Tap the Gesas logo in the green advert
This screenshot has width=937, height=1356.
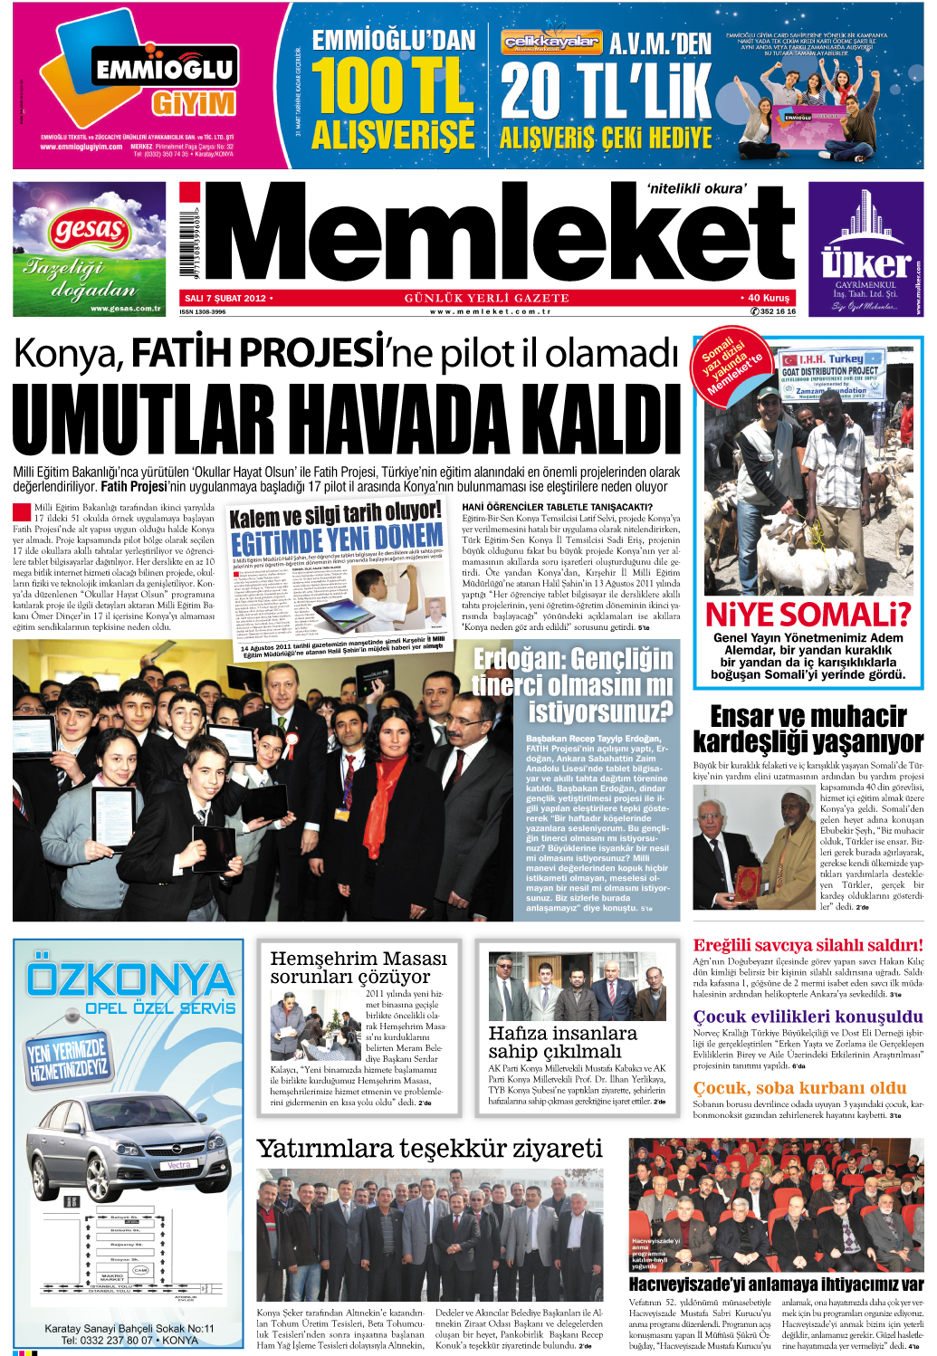click(89, 230)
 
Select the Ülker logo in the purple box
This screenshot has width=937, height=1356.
click(865, 263)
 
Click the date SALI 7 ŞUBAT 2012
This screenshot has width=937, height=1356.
click(225, 298)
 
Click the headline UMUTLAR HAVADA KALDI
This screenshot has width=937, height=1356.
click(347, 420)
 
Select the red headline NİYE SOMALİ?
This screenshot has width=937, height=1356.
click(808, 615)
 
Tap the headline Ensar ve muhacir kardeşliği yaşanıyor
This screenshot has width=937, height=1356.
click(808, 729)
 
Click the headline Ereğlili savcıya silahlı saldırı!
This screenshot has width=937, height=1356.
click(808, 945)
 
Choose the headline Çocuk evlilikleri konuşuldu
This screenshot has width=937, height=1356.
click(808, 1017)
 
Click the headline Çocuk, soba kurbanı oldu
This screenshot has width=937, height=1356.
click(799, 1087)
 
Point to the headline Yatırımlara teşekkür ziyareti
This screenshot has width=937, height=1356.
click(429, 1149)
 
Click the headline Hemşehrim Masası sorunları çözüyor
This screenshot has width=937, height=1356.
click(359, 967)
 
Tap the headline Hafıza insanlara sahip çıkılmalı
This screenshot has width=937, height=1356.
click(562, 1042)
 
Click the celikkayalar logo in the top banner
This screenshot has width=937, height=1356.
click(550, 42)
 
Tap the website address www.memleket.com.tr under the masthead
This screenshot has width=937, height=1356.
click(490, 311)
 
